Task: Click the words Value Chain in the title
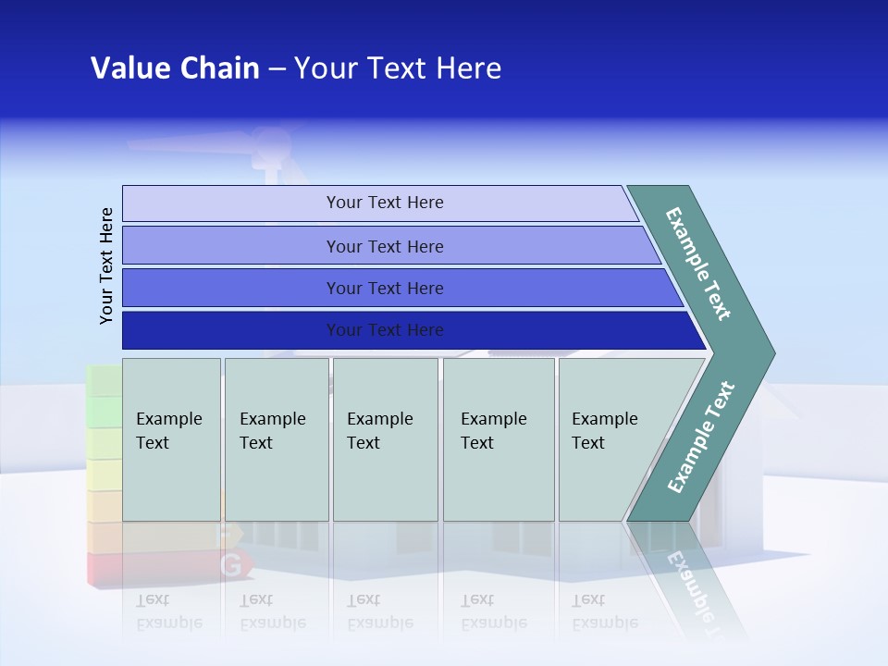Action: (x=175, y=68)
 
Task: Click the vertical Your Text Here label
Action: (x=106, y=265)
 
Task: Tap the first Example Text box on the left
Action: (x=171, y=438)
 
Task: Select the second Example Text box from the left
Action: (x=277, y=438)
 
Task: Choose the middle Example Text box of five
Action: (x=385, y=438)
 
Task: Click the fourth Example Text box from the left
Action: (x=499, y=438)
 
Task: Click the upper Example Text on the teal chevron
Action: (x=699, y=264)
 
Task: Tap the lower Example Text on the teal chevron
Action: (x=701, y=438)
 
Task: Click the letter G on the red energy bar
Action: (x=231, y=564)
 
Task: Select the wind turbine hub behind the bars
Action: (x=270, y=143)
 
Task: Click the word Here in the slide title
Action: (x=468, y=68)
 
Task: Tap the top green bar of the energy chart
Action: (x=104, y=380)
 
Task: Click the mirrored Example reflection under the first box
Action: (x=169, y=623)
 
